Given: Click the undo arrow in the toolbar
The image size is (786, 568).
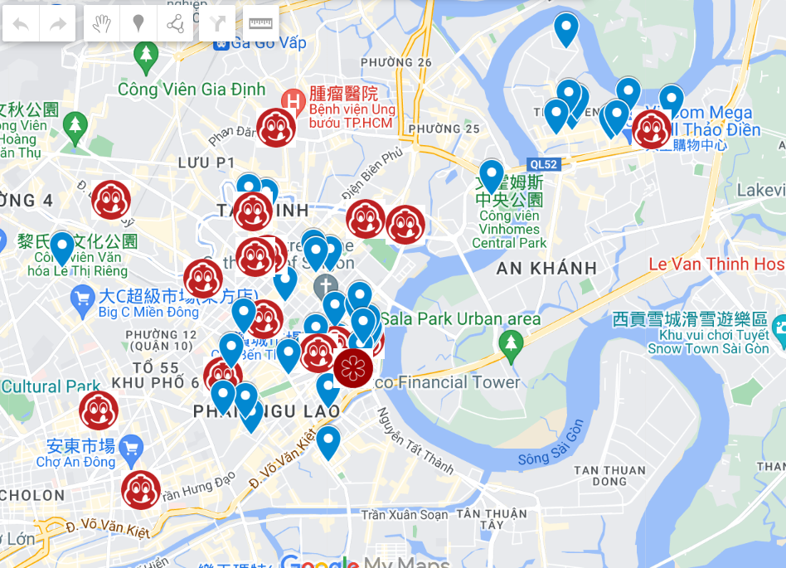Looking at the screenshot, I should [x=21, y=23].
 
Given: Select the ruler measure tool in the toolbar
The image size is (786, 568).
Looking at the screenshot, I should [x=261, y=23].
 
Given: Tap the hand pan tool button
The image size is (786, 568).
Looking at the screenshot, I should [x=101, y=23].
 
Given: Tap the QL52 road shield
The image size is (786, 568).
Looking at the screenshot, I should [x=543, y=164].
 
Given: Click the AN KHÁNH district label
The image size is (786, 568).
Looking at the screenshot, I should [x=546, y=268].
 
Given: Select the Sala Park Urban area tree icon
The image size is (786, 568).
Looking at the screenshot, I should [x=511, y=342].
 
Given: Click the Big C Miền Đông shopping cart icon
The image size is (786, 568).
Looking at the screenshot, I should [x=82, y=297].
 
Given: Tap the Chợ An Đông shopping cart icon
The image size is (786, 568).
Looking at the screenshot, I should [x=129, y=449].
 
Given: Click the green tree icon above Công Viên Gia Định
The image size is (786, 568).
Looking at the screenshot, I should [x=146, y=55].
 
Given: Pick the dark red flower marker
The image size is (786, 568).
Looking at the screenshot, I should [x=354, y=367].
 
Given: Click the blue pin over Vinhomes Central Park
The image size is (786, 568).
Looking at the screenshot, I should [x=492, y=175].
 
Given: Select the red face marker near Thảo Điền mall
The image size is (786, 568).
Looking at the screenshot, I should [x=652, y=129].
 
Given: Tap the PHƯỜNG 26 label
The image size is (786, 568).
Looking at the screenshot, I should [x=396, y=63].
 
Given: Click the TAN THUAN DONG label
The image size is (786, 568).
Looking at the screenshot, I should [x=609, y=475].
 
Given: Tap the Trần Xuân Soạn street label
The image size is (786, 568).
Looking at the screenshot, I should [x=405, y=515].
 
